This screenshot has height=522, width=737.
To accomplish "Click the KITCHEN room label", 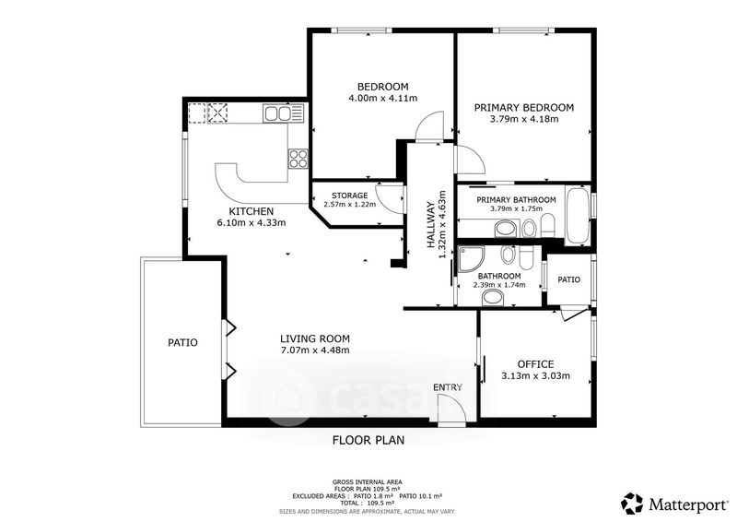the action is pos(251,211).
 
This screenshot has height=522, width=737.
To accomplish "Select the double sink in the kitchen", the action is pos(278,113).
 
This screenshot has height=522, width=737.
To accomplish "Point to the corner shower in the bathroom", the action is pos(471,258).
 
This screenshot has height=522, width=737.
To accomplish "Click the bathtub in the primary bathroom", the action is pos(578,215).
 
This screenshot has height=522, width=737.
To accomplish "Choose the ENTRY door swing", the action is pos(451,409).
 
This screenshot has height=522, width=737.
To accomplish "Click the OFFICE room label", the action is pos(535,364).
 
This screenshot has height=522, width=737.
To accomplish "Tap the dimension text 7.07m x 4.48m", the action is pos(314,350).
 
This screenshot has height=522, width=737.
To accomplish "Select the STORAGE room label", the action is pos(350,196).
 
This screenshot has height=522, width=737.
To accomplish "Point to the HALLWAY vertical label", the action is pos(430,225).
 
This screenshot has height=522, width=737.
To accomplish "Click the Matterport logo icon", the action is pos(632,504).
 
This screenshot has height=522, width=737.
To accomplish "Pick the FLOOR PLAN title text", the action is pos(368,441).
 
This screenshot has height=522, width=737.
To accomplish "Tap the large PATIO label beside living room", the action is pos(182,343).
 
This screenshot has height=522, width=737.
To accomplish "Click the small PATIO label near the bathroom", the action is pos(568,279).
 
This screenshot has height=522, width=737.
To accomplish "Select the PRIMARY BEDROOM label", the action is pos(524,108).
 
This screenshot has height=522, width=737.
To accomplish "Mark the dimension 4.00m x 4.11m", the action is pos(382,99).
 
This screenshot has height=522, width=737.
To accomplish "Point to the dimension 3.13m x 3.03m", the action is pos(536,376).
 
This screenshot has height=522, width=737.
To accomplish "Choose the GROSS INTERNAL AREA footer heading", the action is pos(367,482).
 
